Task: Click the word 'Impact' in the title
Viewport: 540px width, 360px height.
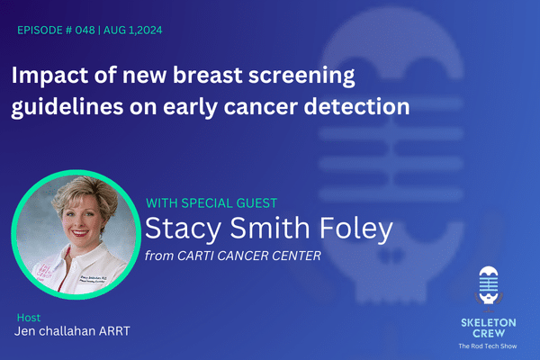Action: (50, 75)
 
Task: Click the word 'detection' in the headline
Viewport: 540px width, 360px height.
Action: (356, 105)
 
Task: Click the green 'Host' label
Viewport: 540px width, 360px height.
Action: (28, 318)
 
